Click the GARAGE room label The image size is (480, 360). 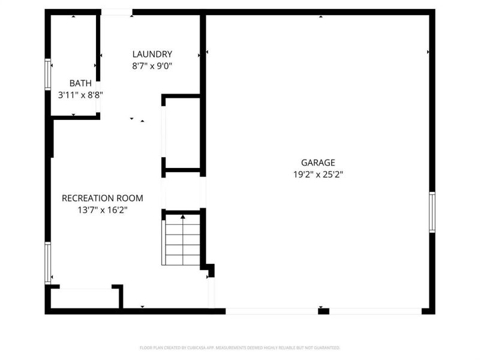(317, 162)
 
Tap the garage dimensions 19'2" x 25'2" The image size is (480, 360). (317, 175)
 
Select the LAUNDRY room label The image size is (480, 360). (152, 54)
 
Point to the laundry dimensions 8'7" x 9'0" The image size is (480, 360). (152, 67)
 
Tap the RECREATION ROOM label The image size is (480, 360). (103, 197)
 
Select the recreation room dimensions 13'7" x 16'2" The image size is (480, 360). (103, 210)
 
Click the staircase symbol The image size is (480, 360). (182, 240)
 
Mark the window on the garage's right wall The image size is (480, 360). (431, 211)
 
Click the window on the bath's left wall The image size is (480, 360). (48, 74)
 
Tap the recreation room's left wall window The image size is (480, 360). (48, 262)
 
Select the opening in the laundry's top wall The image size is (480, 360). (116, 12)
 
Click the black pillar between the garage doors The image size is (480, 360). (323, 311)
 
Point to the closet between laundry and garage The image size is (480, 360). (182, 133)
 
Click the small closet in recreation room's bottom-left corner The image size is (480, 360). (85, 298)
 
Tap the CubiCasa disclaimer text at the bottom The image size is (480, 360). (240, 347)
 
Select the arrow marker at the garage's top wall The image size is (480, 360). (320, 17)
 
